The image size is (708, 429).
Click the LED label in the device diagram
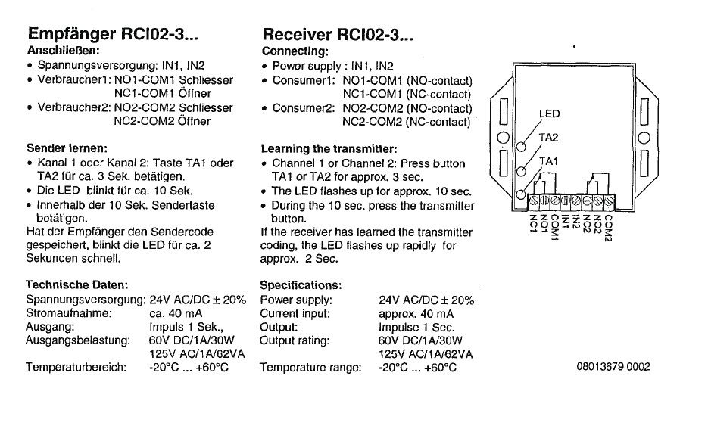549,114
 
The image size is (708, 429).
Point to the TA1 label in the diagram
547,161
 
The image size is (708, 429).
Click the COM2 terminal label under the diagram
608,225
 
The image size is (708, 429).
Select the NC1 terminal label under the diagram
533,222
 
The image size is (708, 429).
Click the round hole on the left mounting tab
502,138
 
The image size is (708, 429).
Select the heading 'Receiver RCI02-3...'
338,35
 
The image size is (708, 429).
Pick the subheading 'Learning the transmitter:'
329,148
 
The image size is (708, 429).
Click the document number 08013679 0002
613,368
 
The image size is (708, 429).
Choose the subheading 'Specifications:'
301,285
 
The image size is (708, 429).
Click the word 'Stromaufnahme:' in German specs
69,313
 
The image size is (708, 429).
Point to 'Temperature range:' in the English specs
310,368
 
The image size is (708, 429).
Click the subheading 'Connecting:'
295,52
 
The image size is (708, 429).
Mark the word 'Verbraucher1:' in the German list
73,80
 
